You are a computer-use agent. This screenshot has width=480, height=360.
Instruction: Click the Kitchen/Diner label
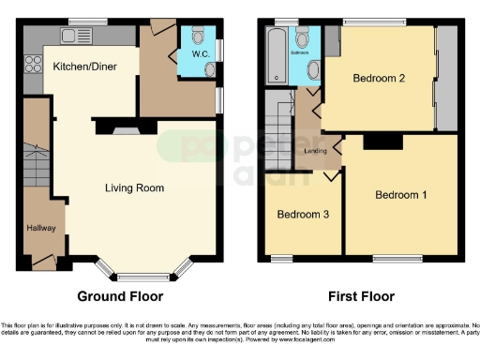click(x=82, y=67)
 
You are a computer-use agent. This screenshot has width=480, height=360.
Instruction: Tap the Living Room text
click(x=134, y=187)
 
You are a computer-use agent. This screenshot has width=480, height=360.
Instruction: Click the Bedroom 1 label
click(x=401, y=195)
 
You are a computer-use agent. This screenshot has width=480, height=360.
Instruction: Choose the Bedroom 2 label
click(x=379, y=79)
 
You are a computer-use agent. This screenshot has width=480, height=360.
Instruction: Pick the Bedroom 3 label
click(x=302, y=215)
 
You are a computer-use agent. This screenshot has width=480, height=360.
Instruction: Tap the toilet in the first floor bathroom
click(x=303, y=38)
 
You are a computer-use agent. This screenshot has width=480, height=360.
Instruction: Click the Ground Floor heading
click(x=120, y=296)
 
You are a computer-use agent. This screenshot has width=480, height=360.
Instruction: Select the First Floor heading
click(x=361, y=296)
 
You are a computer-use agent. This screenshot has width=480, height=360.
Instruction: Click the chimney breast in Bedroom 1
click(x=377, y=142)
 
